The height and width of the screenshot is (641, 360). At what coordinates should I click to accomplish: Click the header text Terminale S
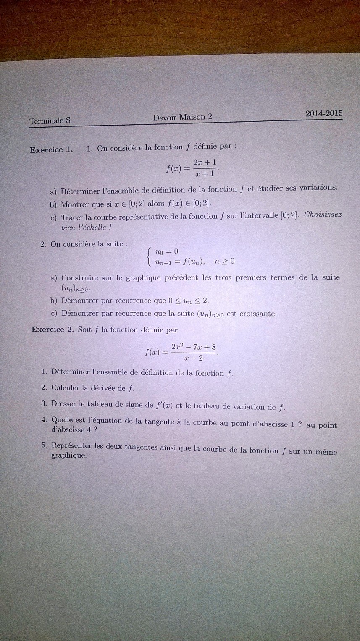50,121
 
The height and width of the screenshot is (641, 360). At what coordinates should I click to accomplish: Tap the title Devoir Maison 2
182,118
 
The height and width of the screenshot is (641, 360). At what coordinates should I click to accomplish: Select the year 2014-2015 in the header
324,114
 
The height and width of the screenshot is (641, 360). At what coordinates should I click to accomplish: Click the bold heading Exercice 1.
51,149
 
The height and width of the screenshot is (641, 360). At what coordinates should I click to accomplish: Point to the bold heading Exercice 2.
53,330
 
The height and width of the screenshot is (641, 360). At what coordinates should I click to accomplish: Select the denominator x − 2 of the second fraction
194,358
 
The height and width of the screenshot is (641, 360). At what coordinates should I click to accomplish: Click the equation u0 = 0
167,251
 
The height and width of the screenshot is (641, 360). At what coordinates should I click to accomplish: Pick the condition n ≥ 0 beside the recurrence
224,261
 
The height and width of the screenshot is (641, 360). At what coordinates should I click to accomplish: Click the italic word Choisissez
323,215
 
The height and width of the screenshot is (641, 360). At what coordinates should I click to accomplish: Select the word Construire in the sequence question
80,278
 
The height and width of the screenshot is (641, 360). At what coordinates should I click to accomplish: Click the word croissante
258,314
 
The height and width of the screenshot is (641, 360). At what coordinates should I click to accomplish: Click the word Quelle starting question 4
63,420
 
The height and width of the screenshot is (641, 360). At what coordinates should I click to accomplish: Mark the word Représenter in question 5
71,446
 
